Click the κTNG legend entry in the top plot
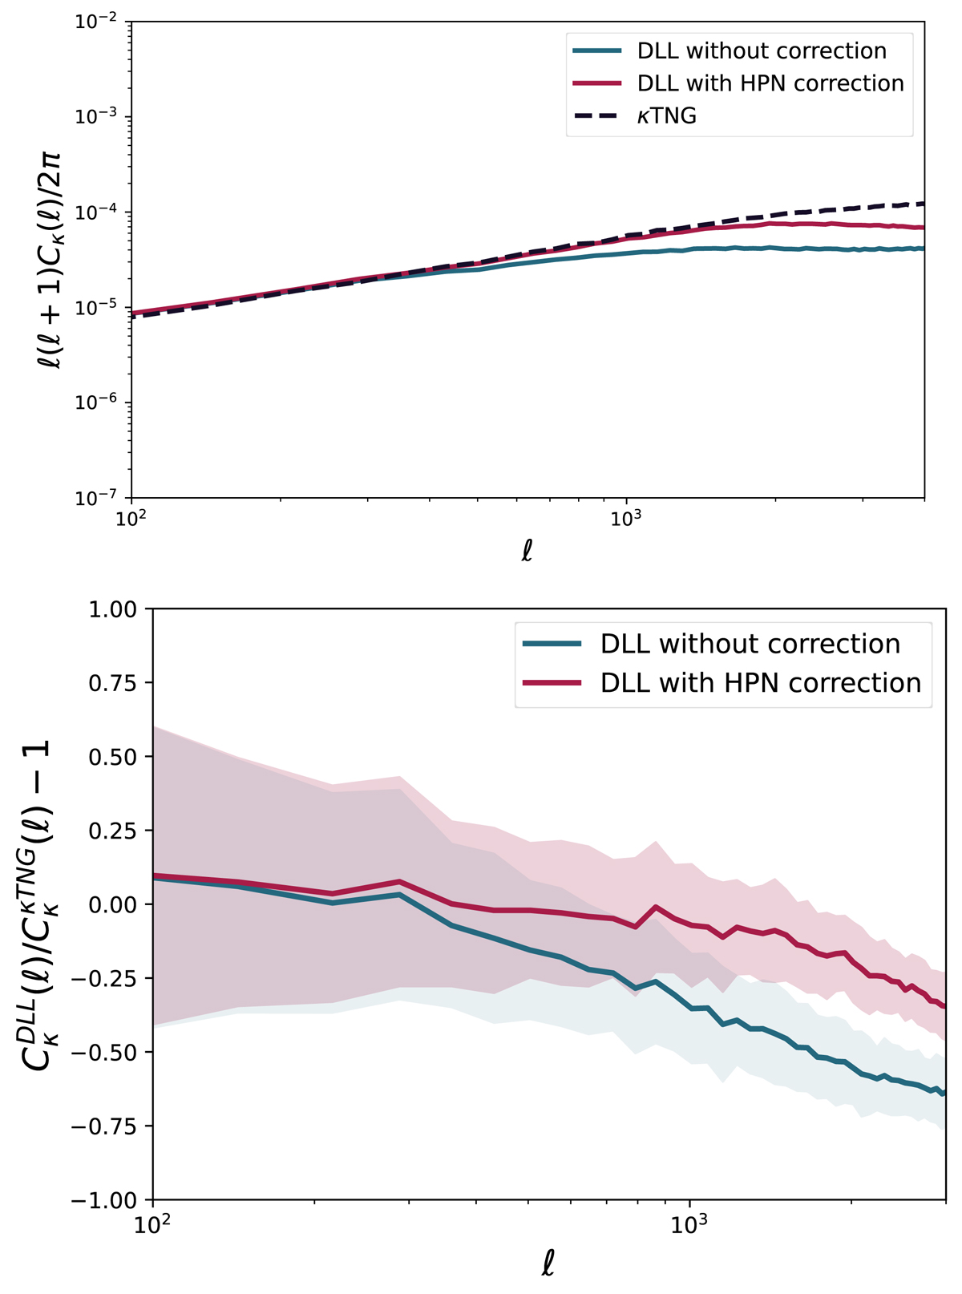coord(666,116)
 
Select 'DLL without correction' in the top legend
coord(762,51)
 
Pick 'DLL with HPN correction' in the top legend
coord(770,83)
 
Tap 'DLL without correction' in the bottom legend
coord(750,644)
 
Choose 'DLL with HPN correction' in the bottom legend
coord(760,682)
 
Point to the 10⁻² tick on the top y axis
coord(96,22)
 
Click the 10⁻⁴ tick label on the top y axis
coord(96,212)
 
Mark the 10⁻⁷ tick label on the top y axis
coord(96,498)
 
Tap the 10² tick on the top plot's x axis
coord(131,518)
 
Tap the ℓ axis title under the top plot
coord(527,552)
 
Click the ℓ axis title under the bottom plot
coord(548,1264)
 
